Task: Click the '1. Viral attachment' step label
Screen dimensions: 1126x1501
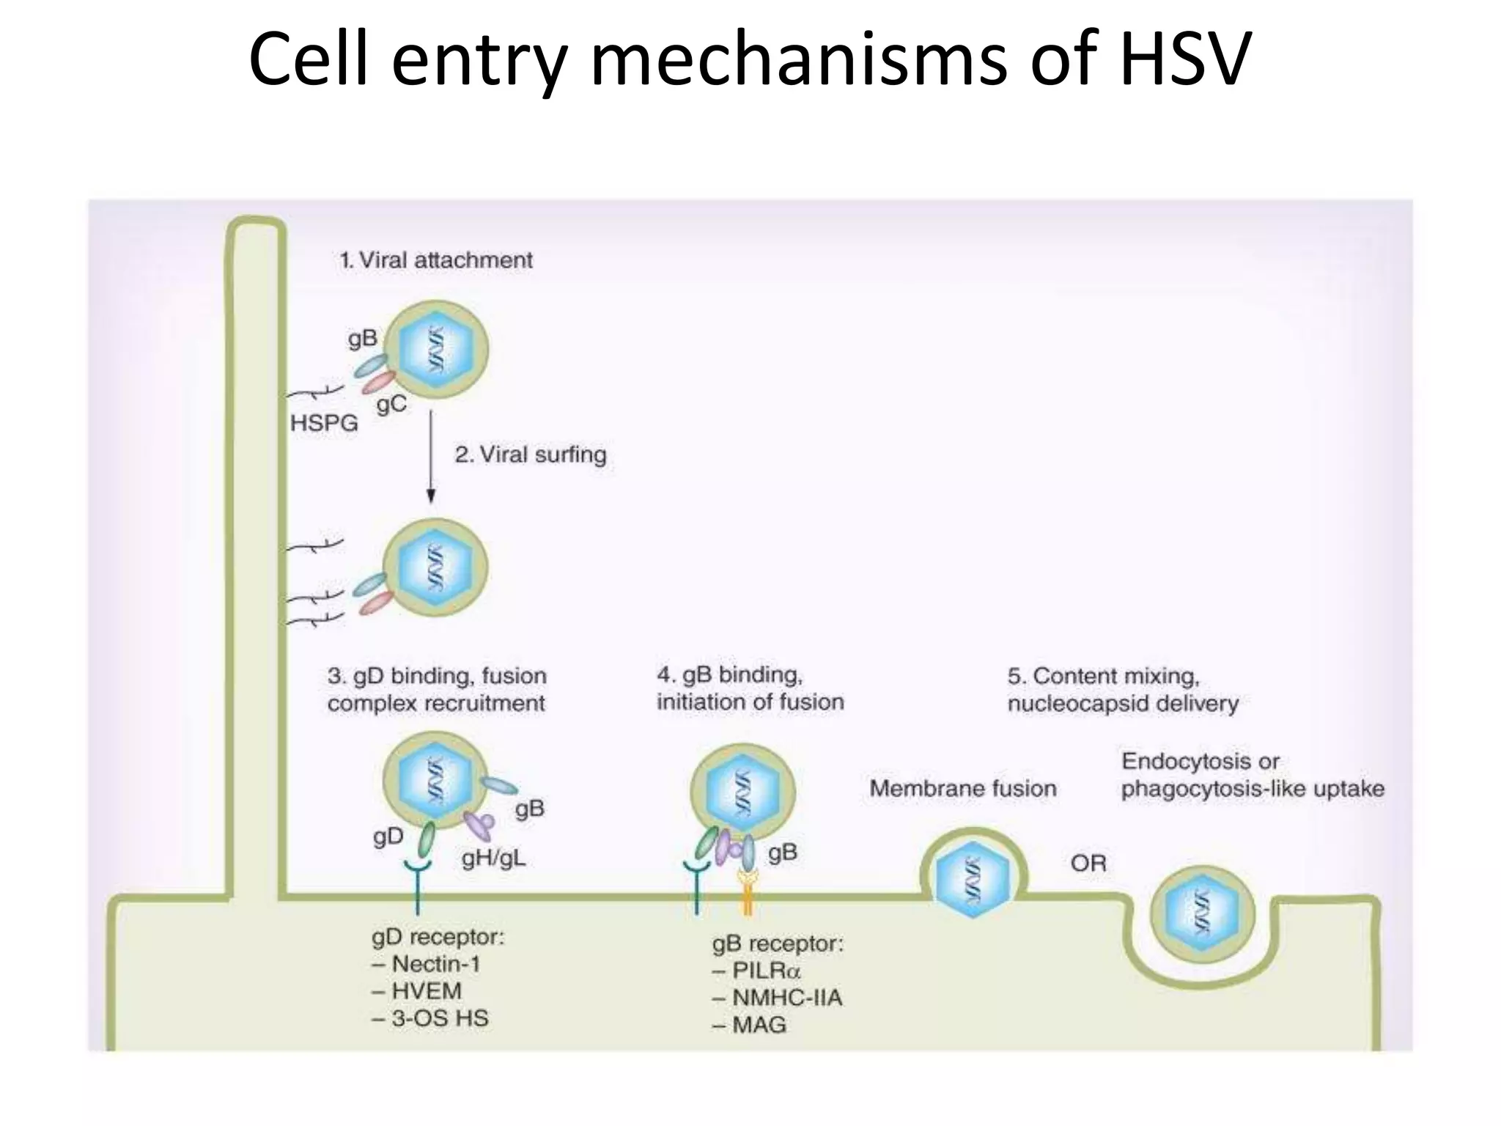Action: (436, 260)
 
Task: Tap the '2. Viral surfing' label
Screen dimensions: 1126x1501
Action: (531, 455)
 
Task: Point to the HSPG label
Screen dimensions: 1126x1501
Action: (324, 423)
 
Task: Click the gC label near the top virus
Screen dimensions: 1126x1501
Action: (391, 404)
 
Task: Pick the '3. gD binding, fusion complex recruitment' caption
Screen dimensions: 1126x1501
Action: (437, 689)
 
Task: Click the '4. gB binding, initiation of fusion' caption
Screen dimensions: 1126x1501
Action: (750, 688)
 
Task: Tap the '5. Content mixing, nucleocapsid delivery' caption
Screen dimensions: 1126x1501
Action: (1122, 689)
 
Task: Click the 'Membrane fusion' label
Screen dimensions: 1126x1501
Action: (963, 789)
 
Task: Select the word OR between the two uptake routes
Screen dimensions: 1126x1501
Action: (1088, 864)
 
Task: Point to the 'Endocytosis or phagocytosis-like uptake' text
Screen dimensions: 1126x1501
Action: (1252, 775)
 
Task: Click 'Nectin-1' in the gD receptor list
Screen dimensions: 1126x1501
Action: (435, 964)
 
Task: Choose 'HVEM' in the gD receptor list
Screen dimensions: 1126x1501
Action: (427, 991)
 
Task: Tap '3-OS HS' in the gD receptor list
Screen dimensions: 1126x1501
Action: (439, 1018)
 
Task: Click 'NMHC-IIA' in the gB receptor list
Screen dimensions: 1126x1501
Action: (787, 998)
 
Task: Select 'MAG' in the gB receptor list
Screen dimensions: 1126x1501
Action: (759, 1025)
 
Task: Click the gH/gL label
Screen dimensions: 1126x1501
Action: (493, 858)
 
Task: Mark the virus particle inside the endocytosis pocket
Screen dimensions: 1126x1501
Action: (1201, 914)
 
